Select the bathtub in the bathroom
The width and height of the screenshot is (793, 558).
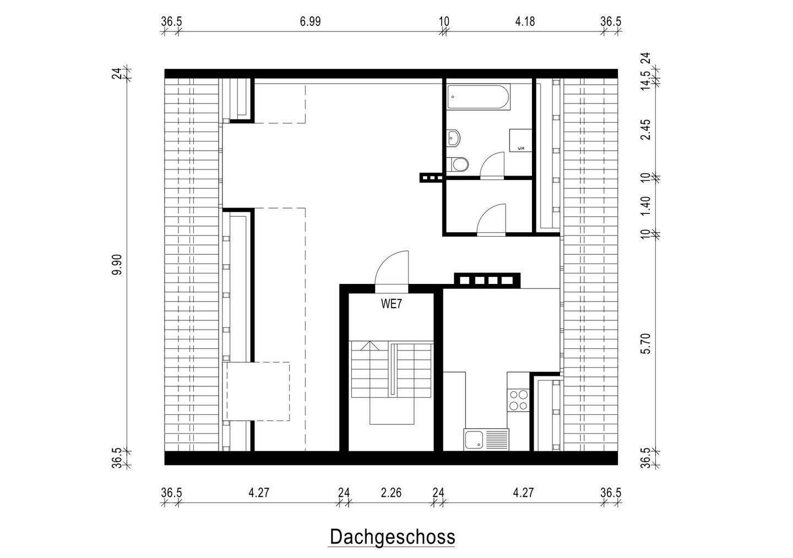(478, 97)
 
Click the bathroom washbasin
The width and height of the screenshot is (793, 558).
(454, 138)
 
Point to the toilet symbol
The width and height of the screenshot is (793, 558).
(458, 164)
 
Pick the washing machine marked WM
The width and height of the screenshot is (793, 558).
(520, 141)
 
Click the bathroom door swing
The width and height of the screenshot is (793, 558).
(492, 166)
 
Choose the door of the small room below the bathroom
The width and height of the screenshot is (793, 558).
(491, 220)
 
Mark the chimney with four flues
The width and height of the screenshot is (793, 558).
(486, 280)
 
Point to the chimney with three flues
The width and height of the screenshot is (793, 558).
(431, 177)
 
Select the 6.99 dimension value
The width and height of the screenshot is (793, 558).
(310, 22)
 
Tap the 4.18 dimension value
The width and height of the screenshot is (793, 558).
(524, 22)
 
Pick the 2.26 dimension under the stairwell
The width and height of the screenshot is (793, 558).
(391, 492)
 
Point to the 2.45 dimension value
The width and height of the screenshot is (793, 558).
(647, 129)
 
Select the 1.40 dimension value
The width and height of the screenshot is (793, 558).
(647, 205)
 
